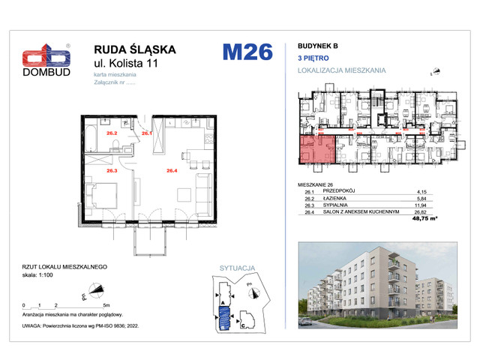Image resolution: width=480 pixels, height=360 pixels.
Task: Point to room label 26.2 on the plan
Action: coord(112,133)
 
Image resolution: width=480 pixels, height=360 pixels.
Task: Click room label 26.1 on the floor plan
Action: coord(147,133)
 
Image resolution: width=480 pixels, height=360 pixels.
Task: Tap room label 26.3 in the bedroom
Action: coord(112,170)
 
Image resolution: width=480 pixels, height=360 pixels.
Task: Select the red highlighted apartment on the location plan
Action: coord(314,150)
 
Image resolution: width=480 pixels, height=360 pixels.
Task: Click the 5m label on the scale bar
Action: coord(107,306)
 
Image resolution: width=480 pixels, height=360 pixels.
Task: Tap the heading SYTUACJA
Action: coord(237,267)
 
